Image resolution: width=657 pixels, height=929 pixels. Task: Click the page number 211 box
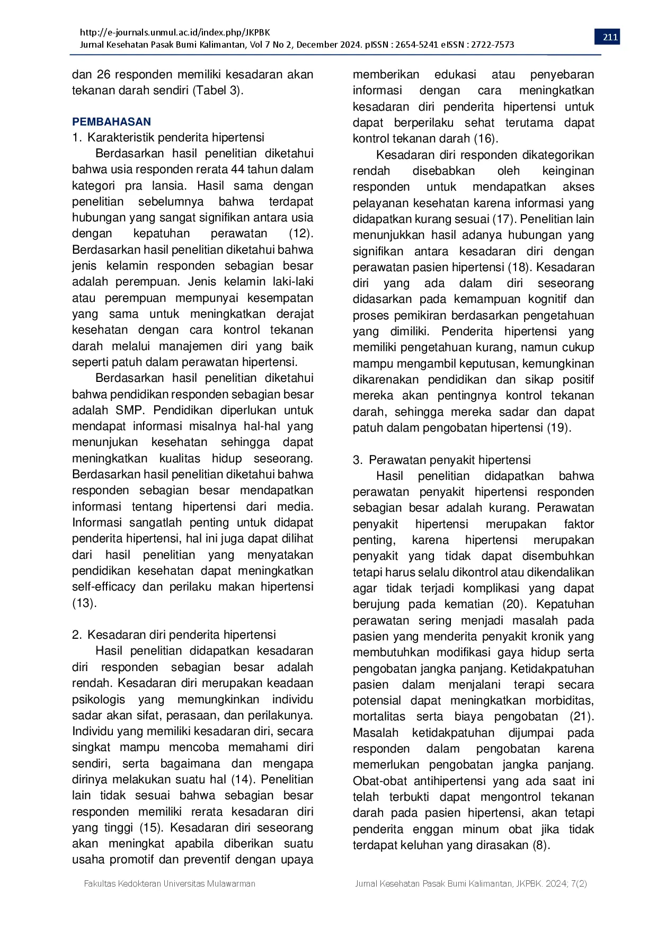coord(610,37)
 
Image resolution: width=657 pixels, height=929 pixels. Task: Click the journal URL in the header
coord(175,32)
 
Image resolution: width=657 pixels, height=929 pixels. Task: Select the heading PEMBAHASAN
coord(111,122)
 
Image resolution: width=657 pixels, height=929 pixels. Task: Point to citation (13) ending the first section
coord(84,603)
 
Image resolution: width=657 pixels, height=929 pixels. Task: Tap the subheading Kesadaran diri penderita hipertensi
coord(181,635)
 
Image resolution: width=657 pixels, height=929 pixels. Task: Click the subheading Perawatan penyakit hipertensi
coord(449,460)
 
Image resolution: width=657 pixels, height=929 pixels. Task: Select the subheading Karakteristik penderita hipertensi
coord(175,138)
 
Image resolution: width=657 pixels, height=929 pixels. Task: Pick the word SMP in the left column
coord(129,410)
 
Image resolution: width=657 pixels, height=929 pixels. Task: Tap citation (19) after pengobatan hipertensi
coord(558,428)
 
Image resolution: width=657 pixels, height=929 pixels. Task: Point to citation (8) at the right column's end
coord(541,845)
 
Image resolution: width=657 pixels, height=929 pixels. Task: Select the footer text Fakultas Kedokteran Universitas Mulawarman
coord(170,883)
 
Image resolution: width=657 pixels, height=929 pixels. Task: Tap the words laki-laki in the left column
coord(293,282)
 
